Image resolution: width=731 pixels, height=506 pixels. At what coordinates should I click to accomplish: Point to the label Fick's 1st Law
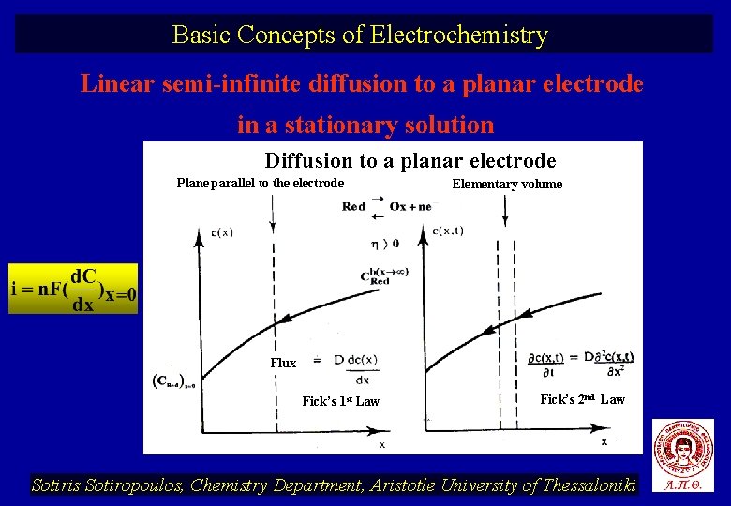340,401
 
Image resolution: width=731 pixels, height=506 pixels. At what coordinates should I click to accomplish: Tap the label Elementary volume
507,184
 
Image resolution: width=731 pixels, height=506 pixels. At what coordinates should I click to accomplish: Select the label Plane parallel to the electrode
260,183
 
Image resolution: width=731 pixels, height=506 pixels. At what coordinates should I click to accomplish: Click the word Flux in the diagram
283,363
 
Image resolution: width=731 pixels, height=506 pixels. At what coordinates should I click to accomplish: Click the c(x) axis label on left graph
222,233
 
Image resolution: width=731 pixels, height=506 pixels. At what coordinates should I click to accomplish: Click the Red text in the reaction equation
353,206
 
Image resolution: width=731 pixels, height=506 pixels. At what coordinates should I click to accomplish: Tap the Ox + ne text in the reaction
410,206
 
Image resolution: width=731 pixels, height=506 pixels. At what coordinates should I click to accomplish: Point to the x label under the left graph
381,443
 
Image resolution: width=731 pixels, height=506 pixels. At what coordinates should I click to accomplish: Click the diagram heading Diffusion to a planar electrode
410,160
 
